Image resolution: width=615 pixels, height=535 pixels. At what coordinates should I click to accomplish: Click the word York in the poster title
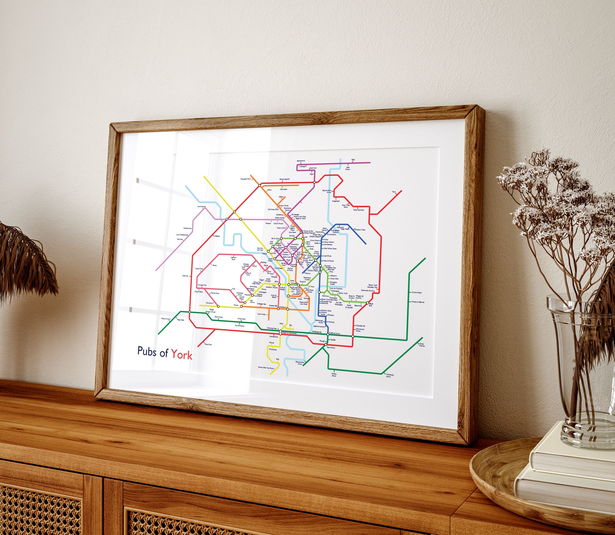coord(182,354)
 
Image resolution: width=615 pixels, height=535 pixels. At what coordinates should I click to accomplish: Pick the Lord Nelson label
coord(201,207)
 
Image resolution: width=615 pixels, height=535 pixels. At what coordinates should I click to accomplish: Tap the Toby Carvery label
coord(358,210)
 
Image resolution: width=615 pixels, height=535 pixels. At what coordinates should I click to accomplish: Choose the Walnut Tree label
coord(360,230)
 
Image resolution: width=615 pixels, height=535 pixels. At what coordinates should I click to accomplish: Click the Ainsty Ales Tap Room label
coord(266,368)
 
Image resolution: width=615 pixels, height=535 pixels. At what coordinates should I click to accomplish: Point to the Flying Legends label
coord(284,179)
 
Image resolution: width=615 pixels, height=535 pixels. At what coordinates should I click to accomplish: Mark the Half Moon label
coord(348,168)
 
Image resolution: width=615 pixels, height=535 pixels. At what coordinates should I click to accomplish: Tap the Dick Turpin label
coord(218,317)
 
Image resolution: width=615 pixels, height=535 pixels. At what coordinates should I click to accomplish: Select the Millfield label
coord(217,236)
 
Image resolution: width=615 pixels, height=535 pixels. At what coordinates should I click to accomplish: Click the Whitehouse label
coord(187,228)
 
